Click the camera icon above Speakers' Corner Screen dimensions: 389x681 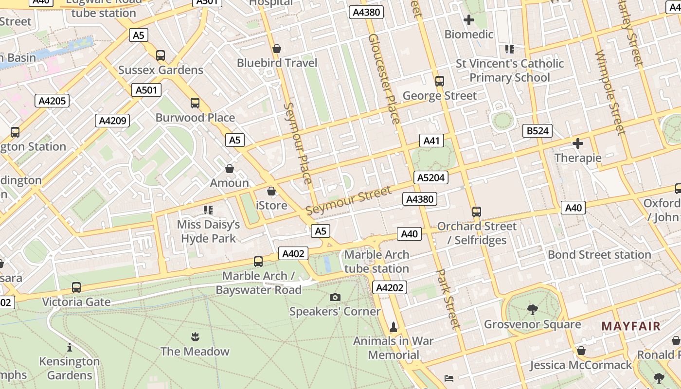[335, 297]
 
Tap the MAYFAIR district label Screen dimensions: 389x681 [631, 326]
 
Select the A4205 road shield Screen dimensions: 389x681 [52, 101]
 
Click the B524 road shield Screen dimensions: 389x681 [538, 130]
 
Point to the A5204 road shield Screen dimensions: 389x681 [431, 177]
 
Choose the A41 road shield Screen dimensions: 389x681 [431, 141]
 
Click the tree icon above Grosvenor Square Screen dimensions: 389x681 [533, 310]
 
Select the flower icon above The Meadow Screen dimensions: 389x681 [195, 336]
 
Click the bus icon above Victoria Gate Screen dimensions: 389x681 [76, 287]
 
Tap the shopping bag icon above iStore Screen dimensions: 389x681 [271, 191]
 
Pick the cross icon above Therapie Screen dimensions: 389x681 [578, 143]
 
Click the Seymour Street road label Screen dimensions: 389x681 [348, 201]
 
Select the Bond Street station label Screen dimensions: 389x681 [599, 255]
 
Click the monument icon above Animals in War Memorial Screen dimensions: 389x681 [394, 327]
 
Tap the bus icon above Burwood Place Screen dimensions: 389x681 [195, 103]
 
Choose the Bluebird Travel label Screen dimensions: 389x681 [277, 63]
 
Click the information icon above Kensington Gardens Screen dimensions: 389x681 [70, 347]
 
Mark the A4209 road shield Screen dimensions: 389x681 [113, 121]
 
